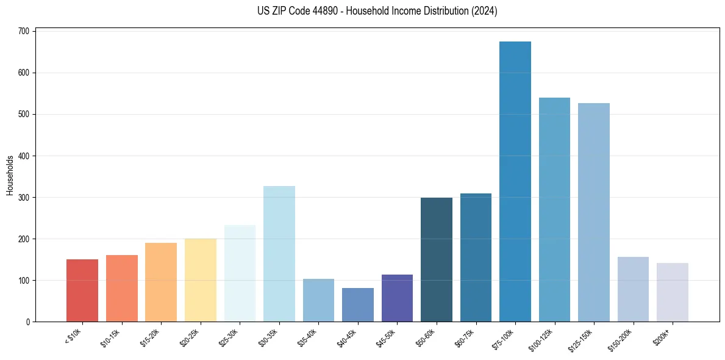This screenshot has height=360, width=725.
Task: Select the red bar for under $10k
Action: point(82,290)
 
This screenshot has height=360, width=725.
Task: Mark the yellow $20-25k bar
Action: point(200,280)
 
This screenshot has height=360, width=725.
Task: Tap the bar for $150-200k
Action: point(633,289)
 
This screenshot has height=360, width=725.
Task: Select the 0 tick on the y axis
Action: point(29,322)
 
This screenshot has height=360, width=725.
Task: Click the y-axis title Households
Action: point(10,175)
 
